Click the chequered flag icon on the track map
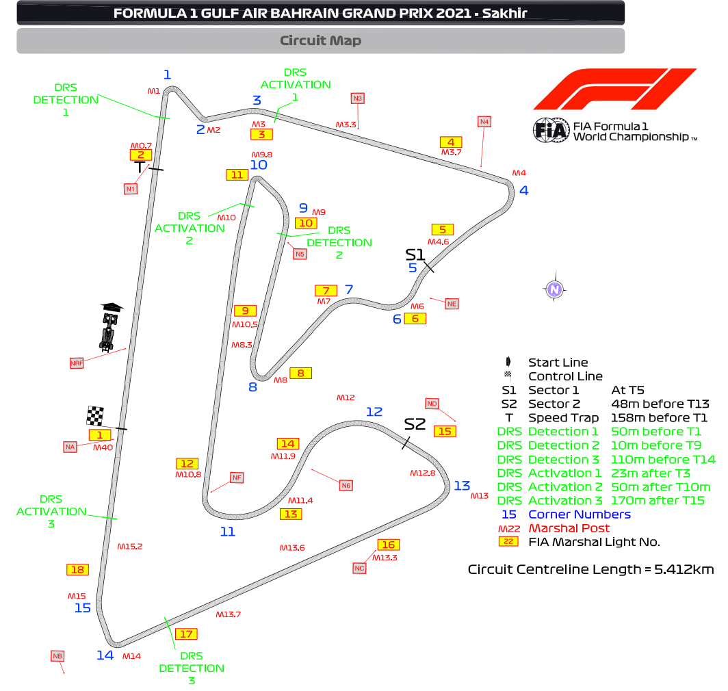pyautogui.click(x=95, y=415)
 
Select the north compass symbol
pyautogui.click(x=555, y=290)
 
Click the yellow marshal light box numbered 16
pyautogui.click(x=388, y=545)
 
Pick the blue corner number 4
pyautogui.click(x=524, y=191)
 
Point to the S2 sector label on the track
pyautogui.click(x=415, y=424)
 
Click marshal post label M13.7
pyautogui.click(x=228, y=614)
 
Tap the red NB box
pyautogui.click(x=57, y=656)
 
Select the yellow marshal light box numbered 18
pyautogui.click(x=77, y=569)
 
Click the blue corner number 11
pyautogui.click(x=227, y=532)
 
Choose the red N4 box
pyautogui.click(x=484, y=122)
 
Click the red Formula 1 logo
pyautogui.click(x=614, y=89)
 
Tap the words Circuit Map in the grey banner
pyautogui.click(x=320, y=40)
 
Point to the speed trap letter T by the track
pyautogui.click(x=140, y=167)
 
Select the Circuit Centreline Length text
pyautogui.click(x=591, y=569)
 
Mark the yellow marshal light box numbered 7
pyautogui.click(x=326, y=290)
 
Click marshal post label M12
pyautogui.click(x=346, y=397)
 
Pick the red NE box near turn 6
pyautogui.click(x=452, y=303)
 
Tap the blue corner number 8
pyautogui.click(x=252, y=387)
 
